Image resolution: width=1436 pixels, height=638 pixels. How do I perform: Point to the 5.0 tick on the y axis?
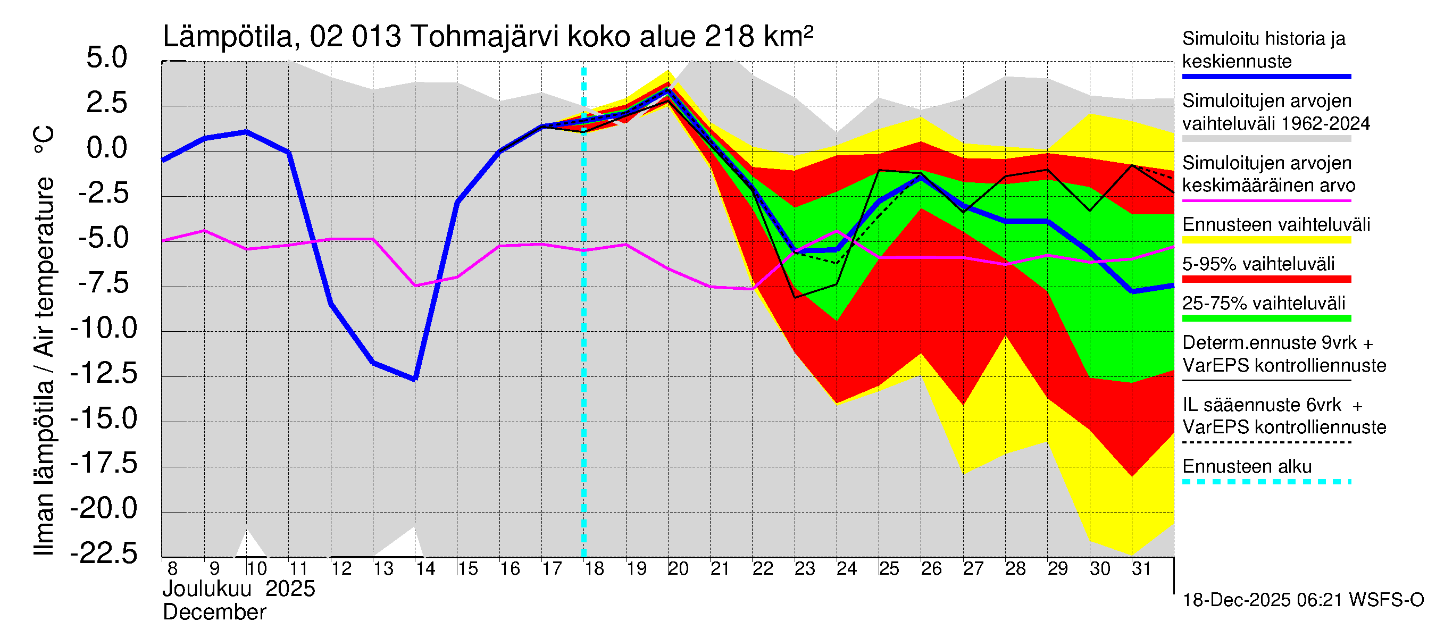[x=106, y=58]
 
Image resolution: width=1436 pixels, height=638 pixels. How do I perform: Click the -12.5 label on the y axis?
[x=104, y=373]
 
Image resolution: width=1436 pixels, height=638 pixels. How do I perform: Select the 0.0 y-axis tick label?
[x=106, y=148]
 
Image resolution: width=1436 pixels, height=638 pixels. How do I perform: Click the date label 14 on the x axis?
[x=425, y=569]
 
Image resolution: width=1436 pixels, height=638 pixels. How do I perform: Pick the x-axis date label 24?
[x=846, y=569]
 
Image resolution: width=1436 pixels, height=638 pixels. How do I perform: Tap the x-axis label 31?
[x=1141, y=569]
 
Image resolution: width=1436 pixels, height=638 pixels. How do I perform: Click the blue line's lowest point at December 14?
[x=415, y=379]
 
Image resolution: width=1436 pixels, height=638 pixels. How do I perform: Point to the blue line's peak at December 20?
[x=669, y=90]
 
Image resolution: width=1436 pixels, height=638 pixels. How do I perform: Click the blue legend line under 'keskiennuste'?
[x=1266, y=77]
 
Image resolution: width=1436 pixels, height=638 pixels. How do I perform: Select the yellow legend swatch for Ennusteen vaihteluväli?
[x=1266, y=240]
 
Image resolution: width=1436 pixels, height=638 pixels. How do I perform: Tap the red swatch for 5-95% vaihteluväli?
[x=1266, y=279]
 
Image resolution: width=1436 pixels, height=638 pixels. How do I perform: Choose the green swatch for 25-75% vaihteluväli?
[x=1266, y=318]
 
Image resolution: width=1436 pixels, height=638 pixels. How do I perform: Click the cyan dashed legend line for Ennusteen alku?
[x=1266, y=482]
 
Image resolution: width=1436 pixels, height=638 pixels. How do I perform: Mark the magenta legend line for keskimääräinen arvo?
[x=1266, y=200]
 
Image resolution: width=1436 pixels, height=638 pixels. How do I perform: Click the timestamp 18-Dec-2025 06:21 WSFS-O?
[x=1303, y=600]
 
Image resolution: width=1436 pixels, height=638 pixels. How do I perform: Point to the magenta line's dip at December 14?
[x=415, y=286]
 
